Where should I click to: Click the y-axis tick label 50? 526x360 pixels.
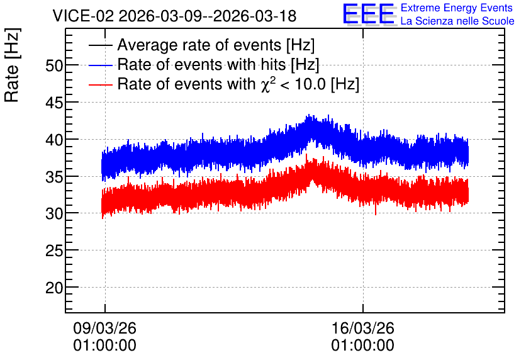pyautogui.click(x=54, y=65)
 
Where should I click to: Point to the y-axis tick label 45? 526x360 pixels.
pyautogui.click(x=54, y=103)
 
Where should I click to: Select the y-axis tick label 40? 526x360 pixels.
pyautogui.click(x=54, y=140)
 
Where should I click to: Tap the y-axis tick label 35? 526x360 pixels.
pyautogui.click(x=54, y=177)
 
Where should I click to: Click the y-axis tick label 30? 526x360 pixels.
pyautogui.click(x=54, y=214)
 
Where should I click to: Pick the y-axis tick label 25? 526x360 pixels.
pyautogui.click(x=54, y=250)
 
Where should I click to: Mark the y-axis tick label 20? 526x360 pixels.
pyautogui.click(x=54, y=288)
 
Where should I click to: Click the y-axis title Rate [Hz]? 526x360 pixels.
pyautogui.click(x=12, y=65)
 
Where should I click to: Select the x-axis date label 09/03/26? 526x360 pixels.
pyautogui.click(x=104, y=328)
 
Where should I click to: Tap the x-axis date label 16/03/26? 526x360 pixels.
pyautogui.click(x=362, y=328)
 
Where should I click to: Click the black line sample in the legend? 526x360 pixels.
pyautogui.click(x=100, y=45)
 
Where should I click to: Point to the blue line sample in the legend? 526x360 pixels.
pyautogui.click(x=100, y=65)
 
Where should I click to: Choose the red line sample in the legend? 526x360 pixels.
pyautogui.click(x=100, y=84)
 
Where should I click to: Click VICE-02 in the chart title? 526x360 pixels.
pyautogui.click(x=83, y=16)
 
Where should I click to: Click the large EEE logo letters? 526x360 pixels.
pyautogui.click(x=369, y=14)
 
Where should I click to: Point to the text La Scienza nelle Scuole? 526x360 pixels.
pyautogui.click(x=457, y=21)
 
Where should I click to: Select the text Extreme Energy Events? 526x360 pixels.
pyautogui.click(x=457, y=8)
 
